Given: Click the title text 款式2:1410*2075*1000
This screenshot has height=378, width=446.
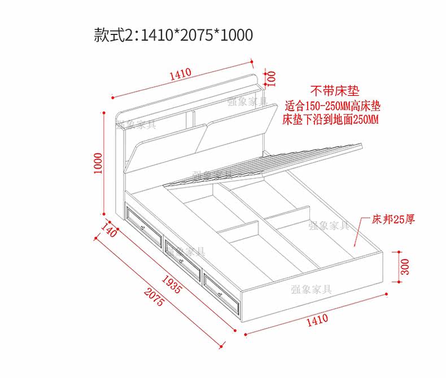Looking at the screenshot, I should pos(173,35).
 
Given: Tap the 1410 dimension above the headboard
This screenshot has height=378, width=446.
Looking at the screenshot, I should pos(180,74).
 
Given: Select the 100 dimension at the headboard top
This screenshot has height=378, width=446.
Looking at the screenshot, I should pos(271,77).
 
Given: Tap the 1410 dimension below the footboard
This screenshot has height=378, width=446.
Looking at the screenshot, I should pos(317,320).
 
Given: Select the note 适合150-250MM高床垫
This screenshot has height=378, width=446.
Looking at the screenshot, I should pos(333,106).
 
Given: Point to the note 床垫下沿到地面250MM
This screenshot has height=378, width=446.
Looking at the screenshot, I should pos(330,120).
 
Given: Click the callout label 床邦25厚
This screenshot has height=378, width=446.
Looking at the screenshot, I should pos(393,219).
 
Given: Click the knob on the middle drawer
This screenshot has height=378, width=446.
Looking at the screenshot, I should pos(180,261).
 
